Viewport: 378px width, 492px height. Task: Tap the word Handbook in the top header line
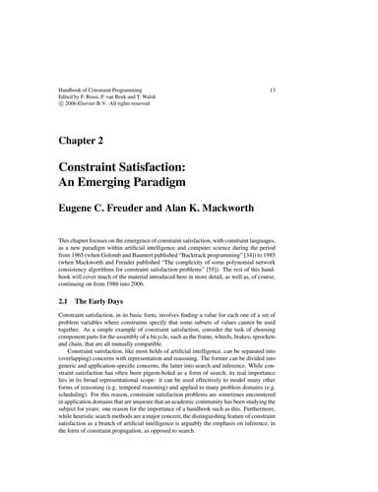tap(75, 91)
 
